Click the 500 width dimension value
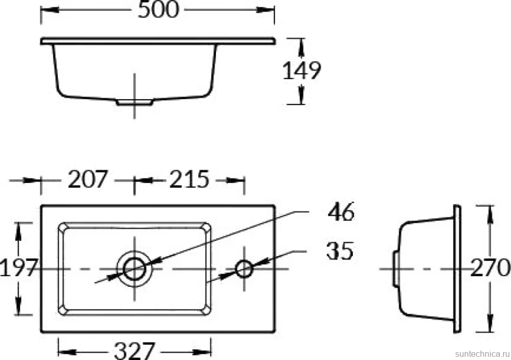click(159, 9)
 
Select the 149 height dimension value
click(301, 70)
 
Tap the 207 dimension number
click(87, 179)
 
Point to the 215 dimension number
click(189, 179)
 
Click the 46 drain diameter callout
click(341, 212)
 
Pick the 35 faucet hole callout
click(340, 251)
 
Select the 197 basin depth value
click(18, 268)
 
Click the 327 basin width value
click(134, 351)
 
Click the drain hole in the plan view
click(134, 269)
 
